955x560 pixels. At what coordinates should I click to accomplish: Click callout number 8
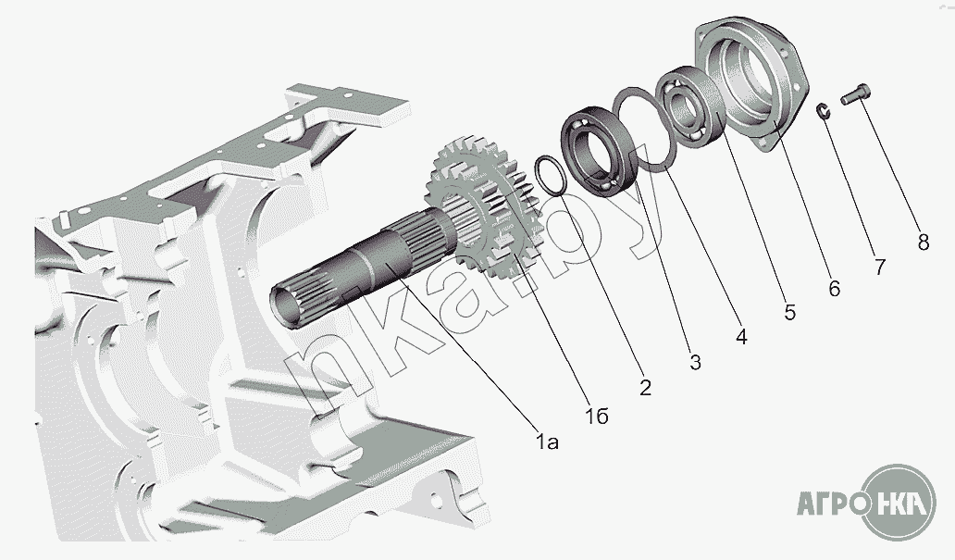pos(923,243)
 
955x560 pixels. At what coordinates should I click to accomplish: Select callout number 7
pos(878,268)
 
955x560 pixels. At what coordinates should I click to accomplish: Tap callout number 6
pos(834,289)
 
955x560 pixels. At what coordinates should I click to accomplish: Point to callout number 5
pos(788,313)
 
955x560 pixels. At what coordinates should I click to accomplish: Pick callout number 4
pos(740,338)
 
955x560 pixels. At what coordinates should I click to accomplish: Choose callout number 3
pos(695,362)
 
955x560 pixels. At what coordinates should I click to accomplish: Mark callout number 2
pos(645,387)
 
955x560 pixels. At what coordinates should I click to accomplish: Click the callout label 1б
pos(597,417)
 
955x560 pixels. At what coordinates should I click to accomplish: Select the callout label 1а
pos(548,442)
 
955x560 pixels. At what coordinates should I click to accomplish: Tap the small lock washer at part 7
pos(823,112)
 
